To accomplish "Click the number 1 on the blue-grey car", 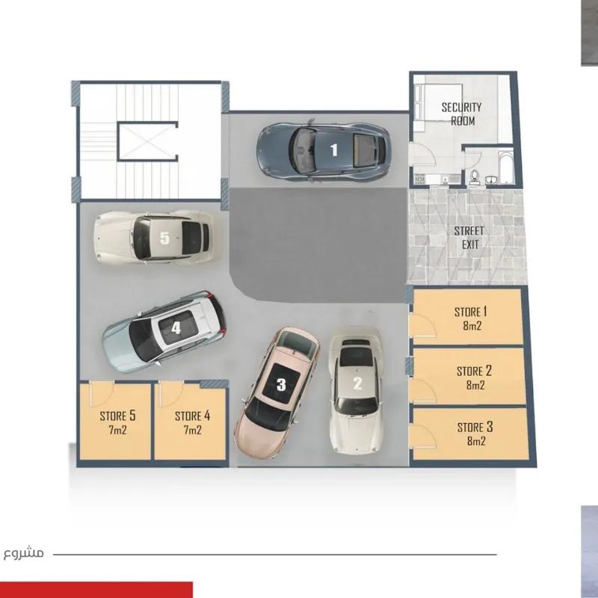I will point(334,149).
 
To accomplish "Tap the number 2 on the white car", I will point(357,384).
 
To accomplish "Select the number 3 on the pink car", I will point(281,385).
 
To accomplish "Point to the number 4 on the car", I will point(176,327).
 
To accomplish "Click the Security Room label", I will point(461,114).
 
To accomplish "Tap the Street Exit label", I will point(469,237).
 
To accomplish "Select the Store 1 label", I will point(471,311).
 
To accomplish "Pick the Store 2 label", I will point(474,371).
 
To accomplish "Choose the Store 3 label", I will point(475,428).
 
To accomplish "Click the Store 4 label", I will point(192,416).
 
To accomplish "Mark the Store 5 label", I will point(117,416).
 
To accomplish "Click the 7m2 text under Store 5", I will point(117,430).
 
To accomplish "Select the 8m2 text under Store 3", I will point(475,441).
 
